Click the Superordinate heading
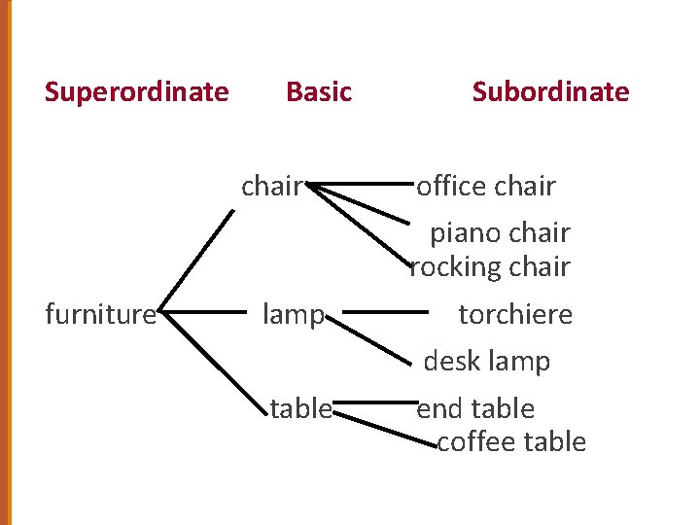[x=137, y=92]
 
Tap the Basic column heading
[x=319, y=92]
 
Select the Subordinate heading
[x=550, y=92]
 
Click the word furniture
[x=101, y=314]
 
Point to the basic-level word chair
[x=272, y=186]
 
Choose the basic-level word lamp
[x=294, y=314]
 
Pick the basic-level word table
[x=300, y=409]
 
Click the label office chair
[x=486, y=186]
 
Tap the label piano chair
[x=500, y=233]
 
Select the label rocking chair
[x=490, y=266]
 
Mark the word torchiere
[x=515, y=314]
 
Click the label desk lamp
[x=486, y=362]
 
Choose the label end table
[x=475, y=408]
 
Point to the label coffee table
[x=511, y=441]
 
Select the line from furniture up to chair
[x=196, y=261]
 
